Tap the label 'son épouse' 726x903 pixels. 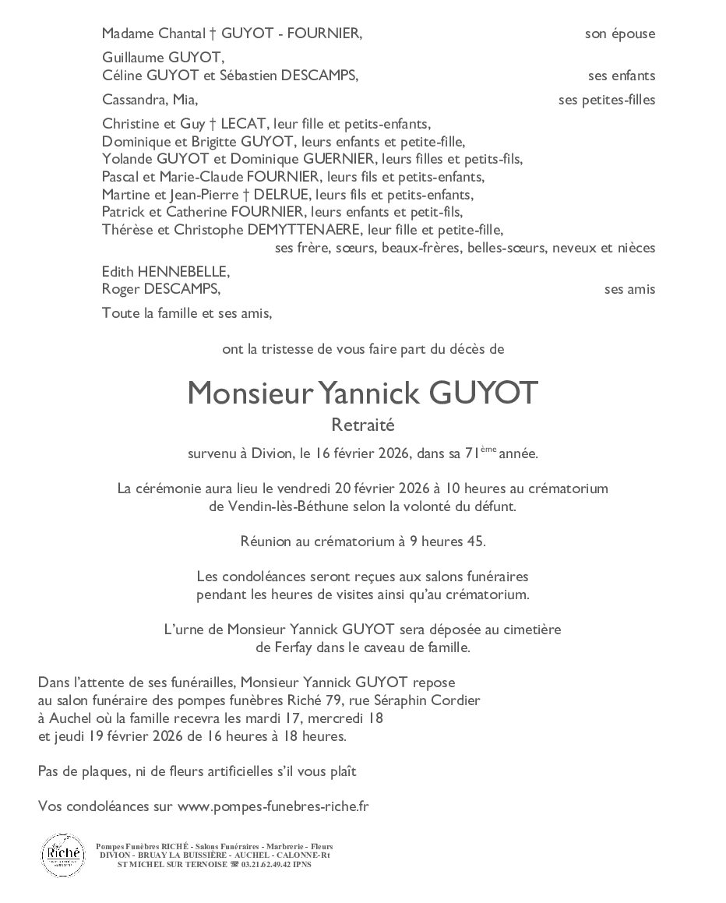tap(619, 34)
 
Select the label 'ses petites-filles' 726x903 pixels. tap(607, 100)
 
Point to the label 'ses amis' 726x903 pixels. tap(629, 289)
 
